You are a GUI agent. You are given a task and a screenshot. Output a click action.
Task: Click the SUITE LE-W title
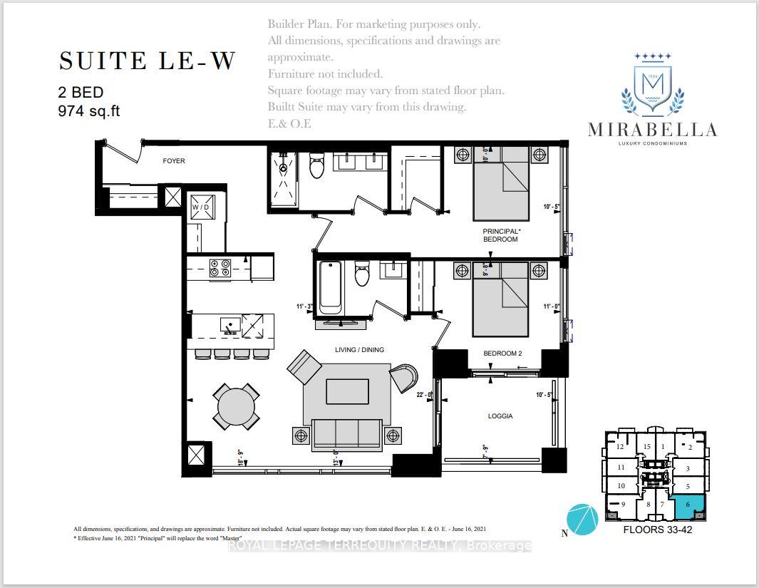coord(146,61)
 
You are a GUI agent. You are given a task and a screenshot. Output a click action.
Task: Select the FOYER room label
coord(174,161)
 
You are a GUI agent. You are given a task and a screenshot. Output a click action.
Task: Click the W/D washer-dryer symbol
coord(201,206)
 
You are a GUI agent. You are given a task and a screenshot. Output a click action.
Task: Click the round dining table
coord(236,406)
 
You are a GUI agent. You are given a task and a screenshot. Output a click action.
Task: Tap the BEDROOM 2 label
coord(503,354)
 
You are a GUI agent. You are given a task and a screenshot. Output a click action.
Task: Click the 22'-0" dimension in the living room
coord(425,394)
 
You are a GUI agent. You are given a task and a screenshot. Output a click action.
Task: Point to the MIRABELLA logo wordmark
coord(652,129)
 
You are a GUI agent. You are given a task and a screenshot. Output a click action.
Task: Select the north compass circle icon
coord(582,518)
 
